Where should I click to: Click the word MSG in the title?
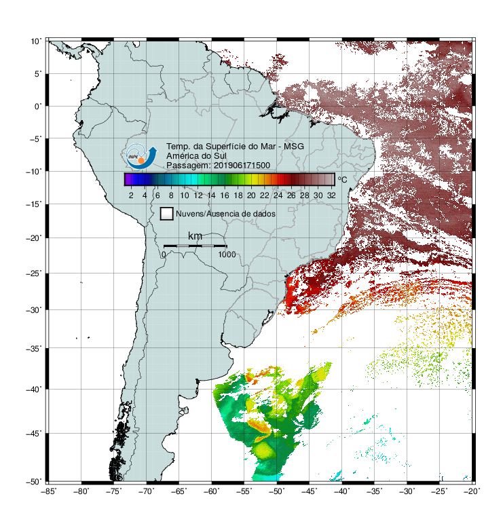pos(293,147)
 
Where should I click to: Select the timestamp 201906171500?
pos(242,166)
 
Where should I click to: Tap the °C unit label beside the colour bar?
pos(342,179)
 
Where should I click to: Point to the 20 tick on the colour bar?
pos(251,195)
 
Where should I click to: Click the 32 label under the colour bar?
pos(331,195)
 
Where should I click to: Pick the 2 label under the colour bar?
pos(131,195)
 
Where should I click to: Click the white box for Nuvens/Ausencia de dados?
pos(167,214)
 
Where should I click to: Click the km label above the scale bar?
pos(195,236)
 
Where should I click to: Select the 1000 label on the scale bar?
pos(227,254)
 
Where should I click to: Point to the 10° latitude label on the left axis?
pos(36,41)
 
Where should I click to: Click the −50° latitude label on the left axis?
pos(34,481)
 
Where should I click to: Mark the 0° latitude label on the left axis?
pos(38,107)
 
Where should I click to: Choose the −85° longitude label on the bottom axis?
pos(48,491)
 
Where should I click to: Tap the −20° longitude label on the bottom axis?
pos(472,491)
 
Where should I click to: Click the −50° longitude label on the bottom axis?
pos(276,491)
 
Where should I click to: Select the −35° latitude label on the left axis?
pos(34,348)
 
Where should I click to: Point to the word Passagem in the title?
pos(189,166)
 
